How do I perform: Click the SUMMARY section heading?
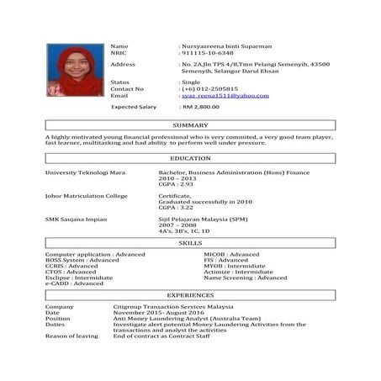coord(190,125)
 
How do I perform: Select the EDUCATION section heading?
coord(190,158)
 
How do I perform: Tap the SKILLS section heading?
coord(190,242)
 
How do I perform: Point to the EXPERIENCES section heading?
coord(190,296)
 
